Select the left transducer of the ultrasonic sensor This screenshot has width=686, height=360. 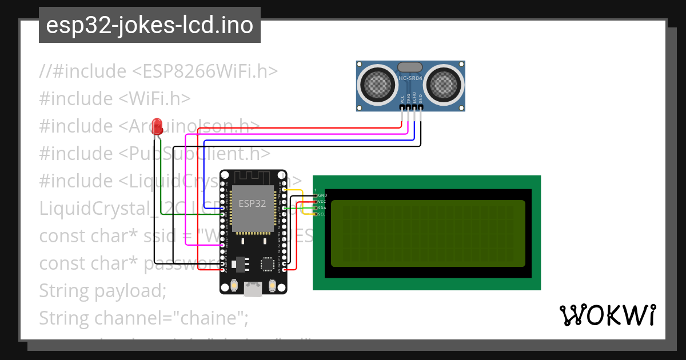click(377, 85)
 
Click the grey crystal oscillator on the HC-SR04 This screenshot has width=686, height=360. click(410, 67)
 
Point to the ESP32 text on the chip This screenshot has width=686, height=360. click(252, 203)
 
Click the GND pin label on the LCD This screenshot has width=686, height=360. click(322, 195)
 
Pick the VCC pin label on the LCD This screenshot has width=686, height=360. click(322, 202)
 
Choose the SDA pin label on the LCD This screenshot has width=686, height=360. click(322, 208)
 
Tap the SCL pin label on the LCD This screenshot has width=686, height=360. click(322, 214)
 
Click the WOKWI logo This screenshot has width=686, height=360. click(608, 315)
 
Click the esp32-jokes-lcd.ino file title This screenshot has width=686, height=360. click(150, 25)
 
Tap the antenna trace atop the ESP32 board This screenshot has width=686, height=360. click(253, 177)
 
